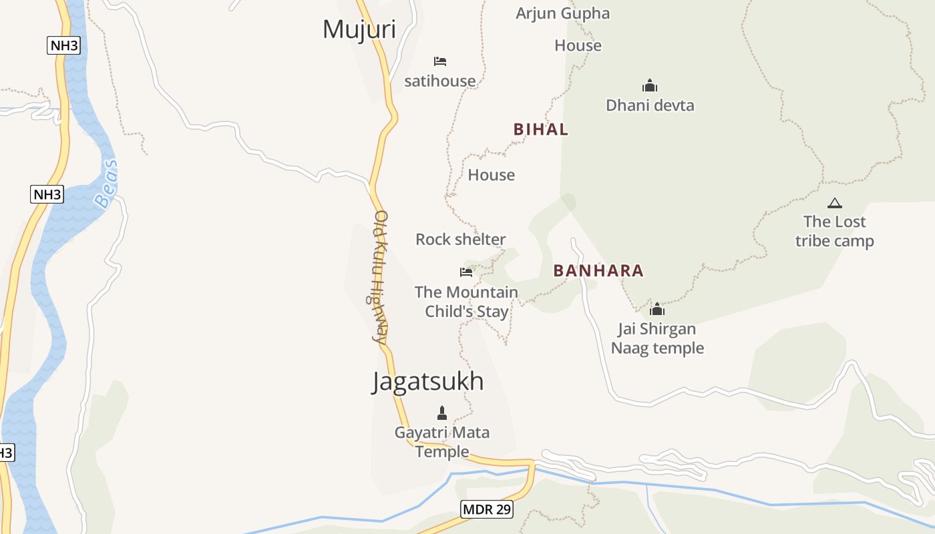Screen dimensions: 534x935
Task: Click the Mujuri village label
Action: (x=359, y=29)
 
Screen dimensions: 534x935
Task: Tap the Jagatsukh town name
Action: (x=427, y=381)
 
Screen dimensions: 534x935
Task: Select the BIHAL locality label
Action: (x=541, y=129)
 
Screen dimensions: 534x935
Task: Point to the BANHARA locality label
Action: (x=598, y=270)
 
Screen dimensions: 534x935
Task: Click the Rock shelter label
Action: (x=460, y=239)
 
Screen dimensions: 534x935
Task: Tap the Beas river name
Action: (x=106, y=184)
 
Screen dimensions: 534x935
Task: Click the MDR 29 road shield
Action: (x=487, y=509)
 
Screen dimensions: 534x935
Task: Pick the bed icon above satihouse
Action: (x=439, y=61)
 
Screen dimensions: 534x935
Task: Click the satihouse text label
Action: (x=440, y=81)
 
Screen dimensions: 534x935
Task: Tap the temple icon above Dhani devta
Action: (x=650, y=85)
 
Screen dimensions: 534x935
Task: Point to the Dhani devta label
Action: (x=650, y=105)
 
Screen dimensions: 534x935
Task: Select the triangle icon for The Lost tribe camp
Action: (x=834, y=203)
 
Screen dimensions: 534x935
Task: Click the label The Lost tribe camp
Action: (x=834, y=231)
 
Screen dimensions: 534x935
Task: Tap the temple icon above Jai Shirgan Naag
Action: (x=657, y=309)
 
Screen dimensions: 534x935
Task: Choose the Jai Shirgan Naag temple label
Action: (x=657, y=338)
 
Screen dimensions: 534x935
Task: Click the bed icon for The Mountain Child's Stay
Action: (x=466, y=272)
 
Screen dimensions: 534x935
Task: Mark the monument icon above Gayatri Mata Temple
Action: (x=441, y=413)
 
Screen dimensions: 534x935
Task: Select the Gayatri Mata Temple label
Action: (x=441, y=442)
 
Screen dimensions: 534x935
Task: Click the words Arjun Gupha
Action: (x=562, y=13)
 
